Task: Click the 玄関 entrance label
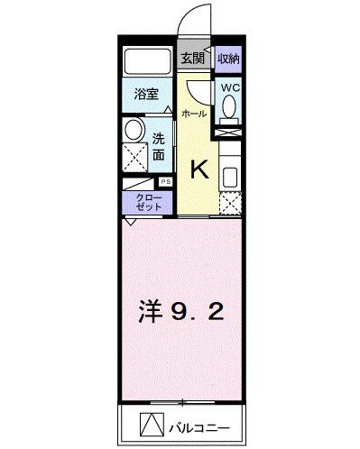191,60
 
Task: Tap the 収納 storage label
228,60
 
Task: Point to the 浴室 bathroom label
146,93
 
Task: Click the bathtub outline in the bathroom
148,60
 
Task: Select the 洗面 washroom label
158,147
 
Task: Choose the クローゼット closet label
149,201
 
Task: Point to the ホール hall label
193,114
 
